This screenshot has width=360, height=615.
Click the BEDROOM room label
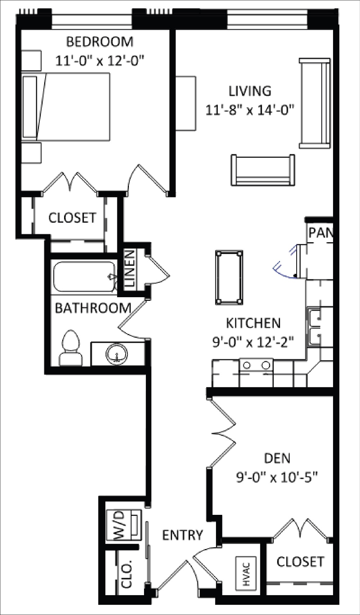coord(100,41)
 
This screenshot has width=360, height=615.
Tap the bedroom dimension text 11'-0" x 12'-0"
coord(100,61)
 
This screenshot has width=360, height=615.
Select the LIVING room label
coord(250,91)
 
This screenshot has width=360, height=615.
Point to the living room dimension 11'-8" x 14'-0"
coord(250,110)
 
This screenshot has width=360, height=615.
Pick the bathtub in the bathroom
coord(85,277)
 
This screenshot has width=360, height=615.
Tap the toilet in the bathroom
coord(70,348)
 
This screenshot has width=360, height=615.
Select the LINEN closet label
coord(130,268)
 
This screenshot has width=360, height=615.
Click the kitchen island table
coord(229,278)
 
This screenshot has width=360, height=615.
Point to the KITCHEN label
coord(253,323)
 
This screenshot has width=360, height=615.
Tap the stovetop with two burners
coord(256,365)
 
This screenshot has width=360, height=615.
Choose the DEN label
coord(277,458)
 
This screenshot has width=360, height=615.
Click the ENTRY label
coord(183,535)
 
